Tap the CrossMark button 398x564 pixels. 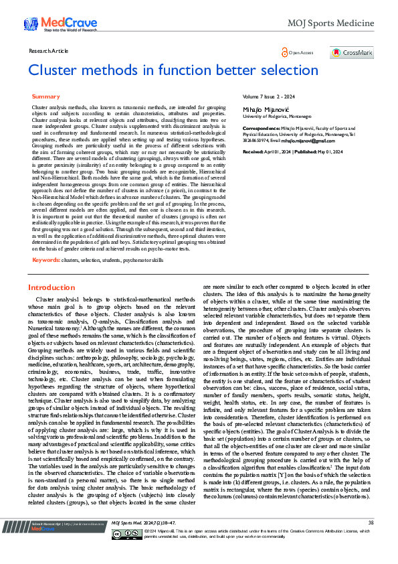click(352, 52)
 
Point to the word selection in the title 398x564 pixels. click(272, 70)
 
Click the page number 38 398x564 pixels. click(371, 541)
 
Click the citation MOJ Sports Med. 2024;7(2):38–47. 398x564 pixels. click(138, 541)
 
